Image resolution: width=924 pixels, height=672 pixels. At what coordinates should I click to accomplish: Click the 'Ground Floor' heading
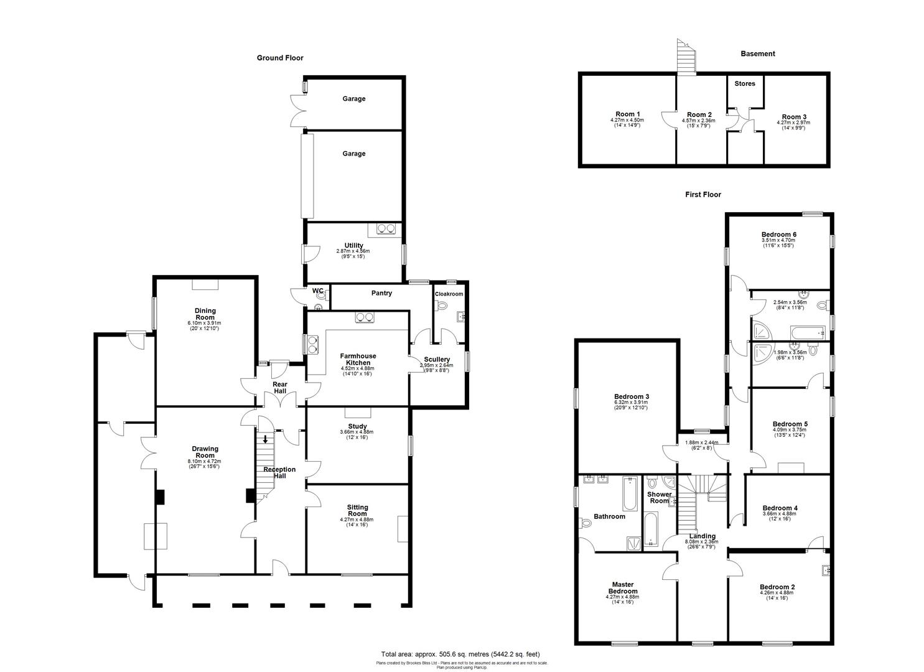[280, 58]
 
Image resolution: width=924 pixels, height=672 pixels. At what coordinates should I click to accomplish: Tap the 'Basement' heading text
[757, 54]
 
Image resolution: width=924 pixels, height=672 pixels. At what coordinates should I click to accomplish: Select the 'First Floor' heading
[703, 194]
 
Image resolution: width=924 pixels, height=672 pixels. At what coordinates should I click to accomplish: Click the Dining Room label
[205, 314]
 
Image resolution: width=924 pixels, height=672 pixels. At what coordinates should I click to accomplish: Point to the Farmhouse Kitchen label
[358, 359]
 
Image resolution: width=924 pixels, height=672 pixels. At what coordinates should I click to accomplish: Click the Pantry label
[381, 293]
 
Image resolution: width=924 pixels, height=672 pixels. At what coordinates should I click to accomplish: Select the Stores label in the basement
[744, 83]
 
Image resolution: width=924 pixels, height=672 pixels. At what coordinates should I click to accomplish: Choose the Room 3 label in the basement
[794, 117]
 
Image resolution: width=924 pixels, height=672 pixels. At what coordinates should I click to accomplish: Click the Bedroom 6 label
[778, 235]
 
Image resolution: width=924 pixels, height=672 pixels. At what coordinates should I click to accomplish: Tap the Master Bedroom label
[622, 587]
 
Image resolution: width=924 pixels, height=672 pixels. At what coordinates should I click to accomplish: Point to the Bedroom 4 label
[780, 508]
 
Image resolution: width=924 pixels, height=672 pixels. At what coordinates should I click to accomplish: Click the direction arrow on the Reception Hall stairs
[266, 439]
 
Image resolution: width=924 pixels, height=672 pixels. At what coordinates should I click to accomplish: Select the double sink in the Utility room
[386, 229]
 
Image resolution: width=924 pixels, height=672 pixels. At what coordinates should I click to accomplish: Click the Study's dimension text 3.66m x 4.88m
[357, 432]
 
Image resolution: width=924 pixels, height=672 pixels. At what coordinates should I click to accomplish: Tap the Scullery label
[437, 360]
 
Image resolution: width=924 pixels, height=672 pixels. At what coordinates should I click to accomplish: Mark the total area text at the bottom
[460, 654]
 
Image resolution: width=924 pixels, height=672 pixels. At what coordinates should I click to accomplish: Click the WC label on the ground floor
[317, 291]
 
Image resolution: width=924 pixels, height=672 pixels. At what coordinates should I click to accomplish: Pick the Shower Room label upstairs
[659, 497]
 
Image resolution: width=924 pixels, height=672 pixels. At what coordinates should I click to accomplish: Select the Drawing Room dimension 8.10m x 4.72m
[205, 461]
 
